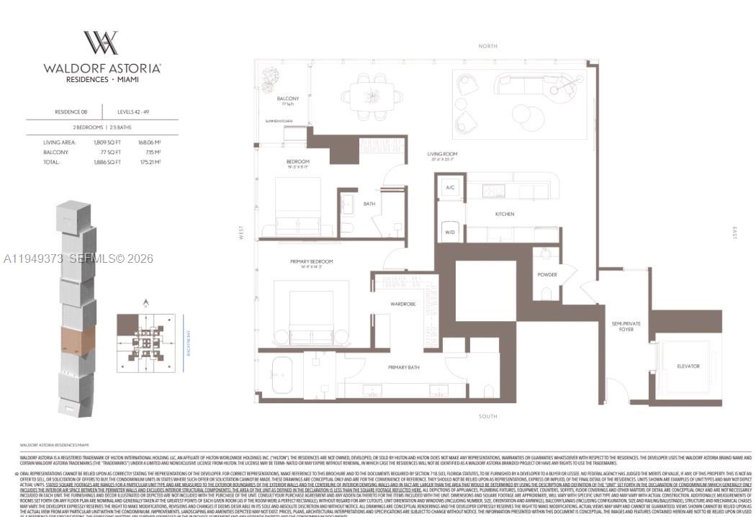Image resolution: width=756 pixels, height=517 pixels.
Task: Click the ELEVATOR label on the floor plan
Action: click(688, 366)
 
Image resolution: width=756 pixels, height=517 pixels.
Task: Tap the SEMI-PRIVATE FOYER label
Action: click(626, 326)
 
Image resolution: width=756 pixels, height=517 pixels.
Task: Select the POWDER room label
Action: click(547, 274)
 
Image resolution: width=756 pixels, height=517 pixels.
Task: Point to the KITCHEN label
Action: click(504, 214)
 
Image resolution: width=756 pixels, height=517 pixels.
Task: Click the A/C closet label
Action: click(450, 187)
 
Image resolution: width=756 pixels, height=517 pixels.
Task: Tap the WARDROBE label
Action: click(403, 304)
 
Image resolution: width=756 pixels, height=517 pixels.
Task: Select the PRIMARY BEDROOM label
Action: click(311, 261)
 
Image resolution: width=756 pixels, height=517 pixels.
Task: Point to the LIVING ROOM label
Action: click(442, 154)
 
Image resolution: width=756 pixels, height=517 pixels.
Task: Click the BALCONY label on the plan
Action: click(287, 99)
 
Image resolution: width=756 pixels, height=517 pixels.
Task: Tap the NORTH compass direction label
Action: click(487, 46)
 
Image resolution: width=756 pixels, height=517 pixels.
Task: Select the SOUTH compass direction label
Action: click(487, 416)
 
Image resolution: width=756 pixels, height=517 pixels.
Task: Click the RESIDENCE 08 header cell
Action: click(71, 112)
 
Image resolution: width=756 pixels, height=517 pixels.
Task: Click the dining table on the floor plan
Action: click(372, 95)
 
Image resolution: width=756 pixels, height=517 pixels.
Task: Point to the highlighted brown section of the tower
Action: click(77, 339)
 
